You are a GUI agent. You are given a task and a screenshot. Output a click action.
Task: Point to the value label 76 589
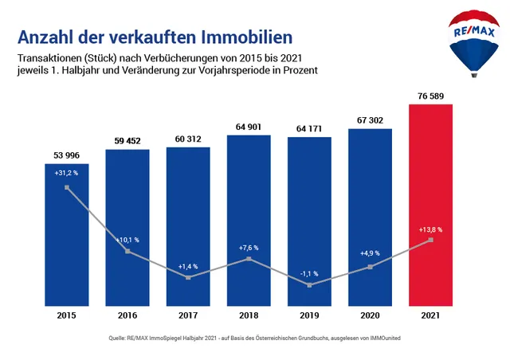click(430, 96)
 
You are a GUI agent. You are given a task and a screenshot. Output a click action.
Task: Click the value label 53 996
click(67, 155)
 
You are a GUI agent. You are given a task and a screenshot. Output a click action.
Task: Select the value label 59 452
click(127, 141)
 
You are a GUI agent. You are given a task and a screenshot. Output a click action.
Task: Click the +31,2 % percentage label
click(67, 174)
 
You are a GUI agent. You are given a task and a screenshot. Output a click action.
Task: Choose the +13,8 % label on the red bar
click(430, 229)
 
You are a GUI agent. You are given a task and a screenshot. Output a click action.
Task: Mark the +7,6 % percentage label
click(249, 248)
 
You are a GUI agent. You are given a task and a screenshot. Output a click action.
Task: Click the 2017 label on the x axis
click(188, 315)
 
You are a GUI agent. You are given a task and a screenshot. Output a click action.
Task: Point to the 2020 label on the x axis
click(370, 315)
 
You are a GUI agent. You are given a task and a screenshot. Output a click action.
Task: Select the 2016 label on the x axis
click(127, 315)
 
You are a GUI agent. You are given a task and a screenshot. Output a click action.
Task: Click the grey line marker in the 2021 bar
click(430, 240)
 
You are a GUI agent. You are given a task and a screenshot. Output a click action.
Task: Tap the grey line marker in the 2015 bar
click(67, 188)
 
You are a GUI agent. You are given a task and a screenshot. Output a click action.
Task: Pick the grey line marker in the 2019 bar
click(309, 284)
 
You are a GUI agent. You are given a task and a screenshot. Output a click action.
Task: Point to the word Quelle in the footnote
click(120, 338)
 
